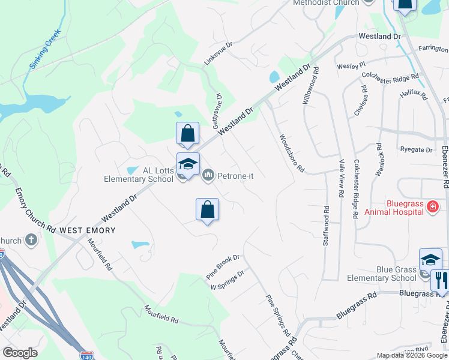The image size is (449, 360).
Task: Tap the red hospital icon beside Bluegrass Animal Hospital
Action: click(x=432, y=208)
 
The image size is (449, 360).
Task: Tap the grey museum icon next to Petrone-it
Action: click(x=208, y=175)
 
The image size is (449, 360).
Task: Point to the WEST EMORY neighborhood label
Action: click(x=87, y=230)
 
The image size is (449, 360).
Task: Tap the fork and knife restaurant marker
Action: click(x=439, y=280)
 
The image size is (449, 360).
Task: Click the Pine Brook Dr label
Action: click(x=223, y=263)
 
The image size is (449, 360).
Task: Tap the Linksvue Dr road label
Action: click(x=217, y=53)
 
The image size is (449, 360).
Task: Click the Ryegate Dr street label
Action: click(x=416, y=149)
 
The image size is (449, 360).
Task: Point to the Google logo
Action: click(x=20, y=353)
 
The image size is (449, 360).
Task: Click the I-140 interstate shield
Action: click(x=86, y=355)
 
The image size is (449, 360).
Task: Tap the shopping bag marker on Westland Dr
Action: click(x=187, y=134)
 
